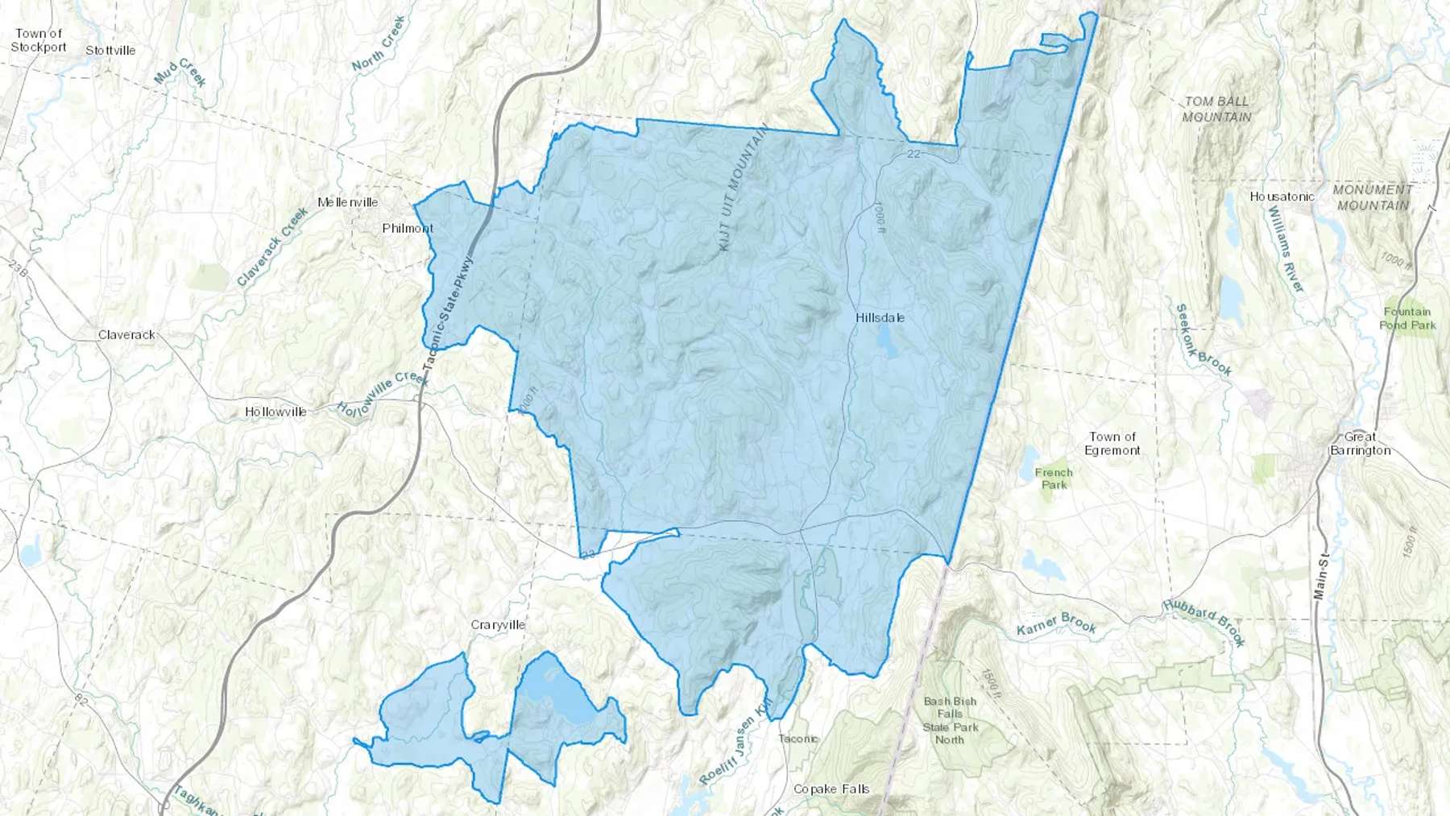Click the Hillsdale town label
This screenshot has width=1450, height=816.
click(880, 318)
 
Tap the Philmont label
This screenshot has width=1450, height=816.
click(408, 229)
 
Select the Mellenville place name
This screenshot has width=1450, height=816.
click(347, 202)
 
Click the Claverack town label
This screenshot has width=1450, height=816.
click(126, 335)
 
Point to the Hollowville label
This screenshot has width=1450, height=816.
click(275, 412)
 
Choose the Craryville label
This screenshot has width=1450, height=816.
click(498, 625)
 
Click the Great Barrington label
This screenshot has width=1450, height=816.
click(1360, 444)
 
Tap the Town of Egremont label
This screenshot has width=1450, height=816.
click(1112, 444)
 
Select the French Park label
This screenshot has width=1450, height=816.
click(1054, 478)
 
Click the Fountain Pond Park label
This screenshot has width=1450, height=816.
click(1407, 318)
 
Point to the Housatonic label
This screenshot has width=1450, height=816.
click(1282, 197)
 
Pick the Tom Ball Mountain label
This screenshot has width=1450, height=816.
click(1216, 110)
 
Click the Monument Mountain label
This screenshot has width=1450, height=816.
click(1373, 197)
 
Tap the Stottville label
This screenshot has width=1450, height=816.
click(110, 51)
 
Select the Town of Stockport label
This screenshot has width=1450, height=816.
click(38, 40)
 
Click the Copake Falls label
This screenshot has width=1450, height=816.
click(831, 789)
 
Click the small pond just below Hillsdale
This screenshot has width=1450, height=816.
click(886, 342)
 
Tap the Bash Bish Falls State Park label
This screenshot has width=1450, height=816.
click(950, 721)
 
